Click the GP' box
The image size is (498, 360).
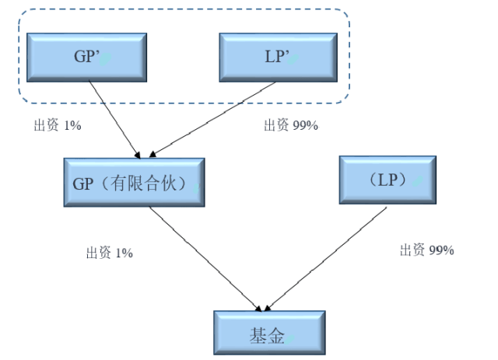[86, 56]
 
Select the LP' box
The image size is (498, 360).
[278, 56]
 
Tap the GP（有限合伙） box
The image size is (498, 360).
[133, 183]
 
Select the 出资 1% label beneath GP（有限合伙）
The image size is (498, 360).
[110, 252]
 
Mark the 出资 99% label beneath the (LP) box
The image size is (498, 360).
[426, 250]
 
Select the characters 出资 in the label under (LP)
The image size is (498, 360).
[412, 250]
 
